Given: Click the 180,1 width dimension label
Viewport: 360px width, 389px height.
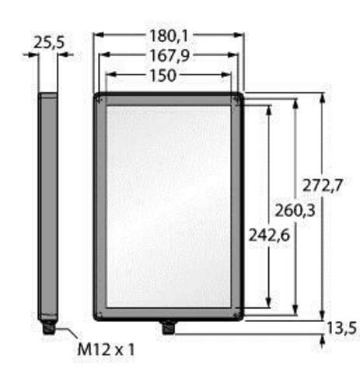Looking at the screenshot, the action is coord(169,36).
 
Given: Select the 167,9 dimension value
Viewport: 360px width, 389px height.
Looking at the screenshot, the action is coord(170,56).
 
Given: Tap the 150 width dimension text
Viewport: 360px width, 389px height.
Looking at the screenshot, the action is coord(163,75).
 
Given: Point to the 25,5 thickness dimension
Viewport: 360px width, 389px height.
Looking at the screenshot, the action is coord(49,43).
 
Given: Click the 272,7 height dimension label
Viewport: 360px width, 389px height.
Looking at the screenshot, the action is coord(323,185).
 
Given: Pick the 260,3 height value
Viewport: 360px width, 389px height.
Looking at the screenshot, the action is coord(295,210).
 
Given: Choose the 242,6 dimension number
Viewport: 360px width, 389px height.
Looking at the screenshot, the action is coord(269,236).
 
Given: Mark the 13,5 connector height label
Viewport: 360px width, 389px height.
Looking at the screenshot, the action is coord(342,328).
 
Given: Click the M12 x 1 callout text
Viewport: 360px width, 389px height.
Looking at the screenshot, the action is coord(107,349).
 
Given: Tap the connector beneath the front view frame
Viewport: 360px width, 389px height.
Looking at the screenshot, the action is coord(168,328).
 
